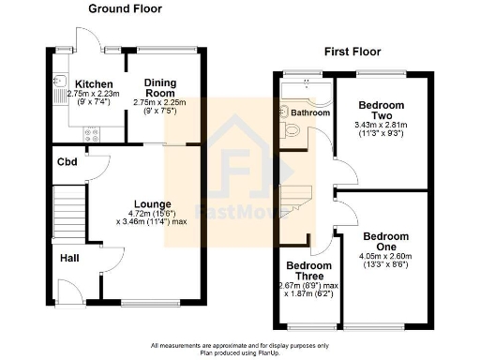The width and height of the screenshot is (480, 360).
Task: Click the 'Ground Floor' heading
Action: pyautogui.click(x=125, y=8)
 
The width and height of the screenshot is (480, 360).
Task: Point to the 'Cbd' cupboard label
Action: pyautogui.click(x=67, y=161)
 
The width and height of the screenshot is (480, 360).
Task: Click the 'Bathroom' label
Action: pyautogui.click(x=311, y=112)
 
